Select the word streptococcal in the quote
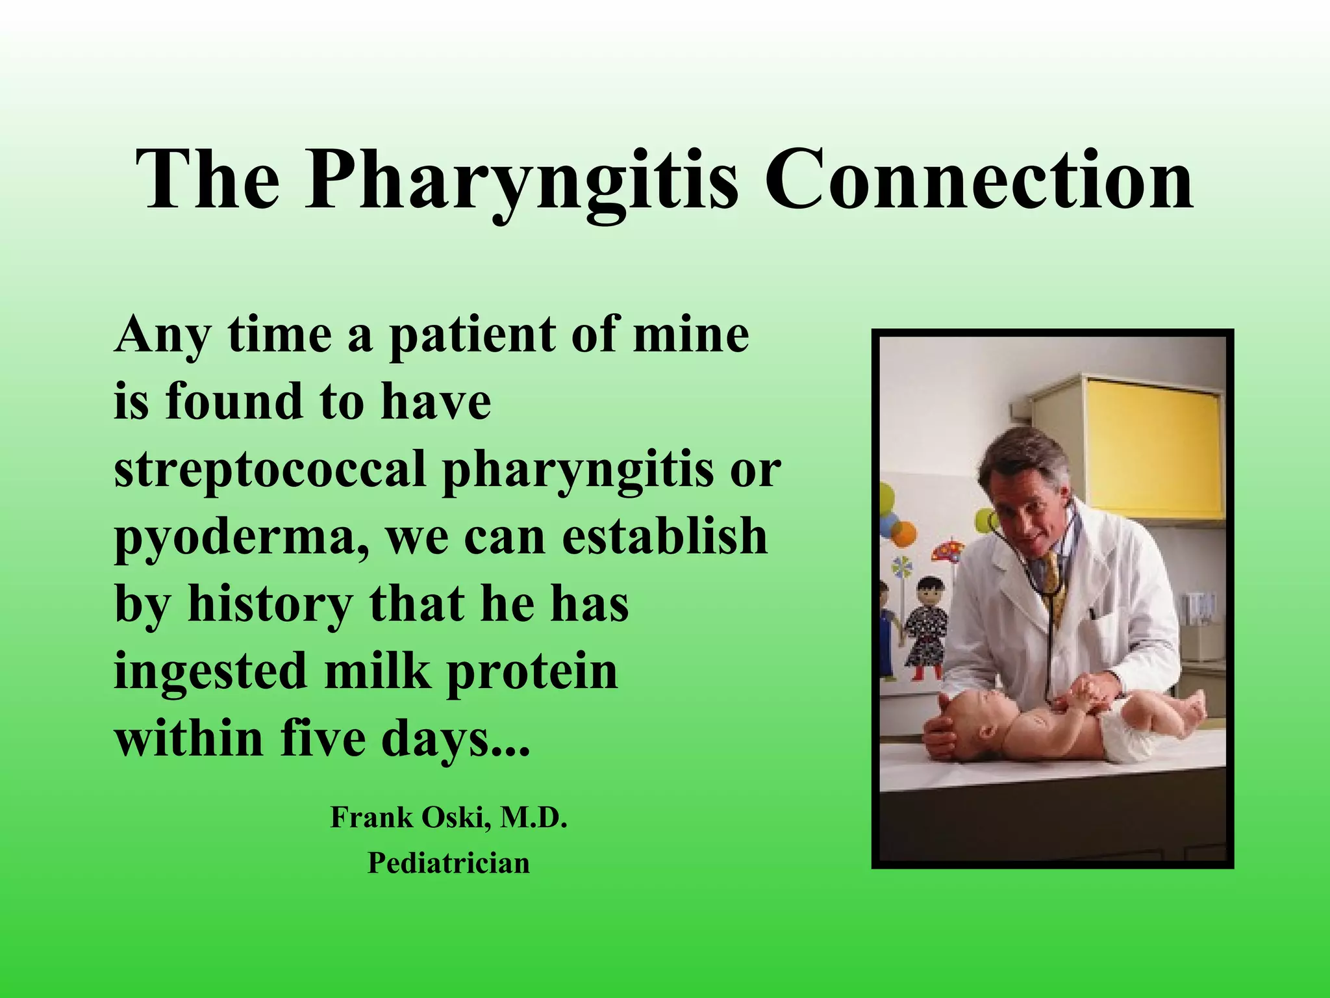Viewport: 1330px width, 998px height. (270, 470)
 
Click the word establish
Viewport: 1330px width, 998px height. (664, 537)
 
